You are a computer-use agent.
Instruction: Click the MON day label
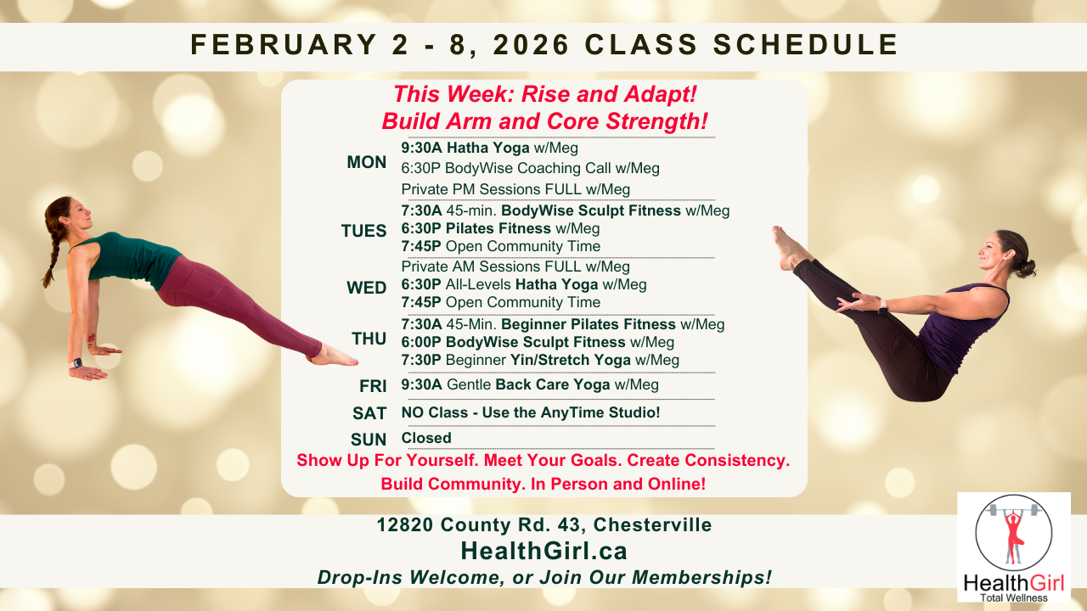click(x=366, y=163)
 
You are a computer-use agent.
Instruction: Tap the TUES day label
click(x=363, y=231)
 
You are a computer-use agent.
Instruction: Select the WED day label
click(x=366, y=289)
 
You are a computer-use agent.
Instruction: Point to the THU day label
click(x=369, y=339)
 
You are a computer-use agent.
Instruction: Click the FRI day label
click(x=373, y=386)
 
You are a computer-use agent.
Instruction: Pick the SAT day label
click(x=369, y=414)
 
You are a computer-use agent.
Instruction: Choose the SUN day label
click(x=369, y=440)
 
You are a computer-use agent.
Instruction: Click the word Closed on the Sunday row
click(x=426, y=439)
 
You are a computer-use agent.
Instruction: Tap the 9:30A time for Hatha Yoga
click(x=421, y=148)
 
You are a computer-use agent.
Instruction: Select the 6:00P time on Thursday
click(x=421, y=342)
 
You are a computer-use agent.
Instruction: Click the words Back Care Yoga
click(x=553, y=385)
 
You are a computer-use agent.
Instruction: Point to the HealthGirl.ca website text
click(x=543, y=552)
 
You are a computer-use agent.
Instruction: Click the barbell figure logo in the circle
click(x=1013, y=533)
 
